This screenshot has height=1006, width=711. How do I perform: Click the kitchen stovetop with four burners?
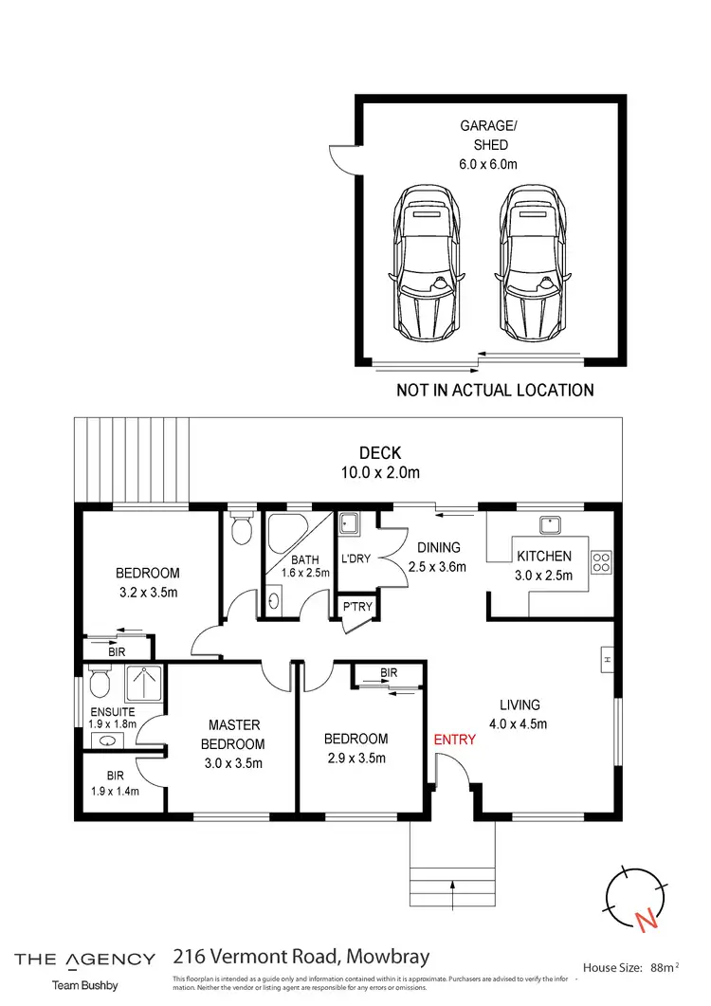[601, 562]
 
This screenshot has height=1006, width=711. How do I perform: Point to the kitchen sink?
[548, 523]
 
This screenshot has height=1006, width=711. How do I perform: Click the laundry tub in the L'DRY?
[348, 523]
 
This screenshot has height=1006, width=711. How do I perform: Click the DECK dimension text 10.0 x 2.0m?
[379, 472]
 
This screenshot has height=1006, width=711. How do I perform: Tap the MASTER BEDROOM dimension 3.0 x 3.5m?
[234, 763]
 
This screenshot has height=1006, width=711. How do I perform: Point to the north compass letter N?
[646, 919]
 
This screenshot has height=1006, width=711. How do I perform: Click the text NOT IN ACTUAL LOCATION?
[495, 390]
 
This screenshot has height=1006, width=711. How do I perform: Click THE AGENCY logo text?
[85, 960]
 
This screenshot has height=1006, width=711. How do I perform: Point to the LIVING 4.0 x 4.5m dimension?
[520, 723]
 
